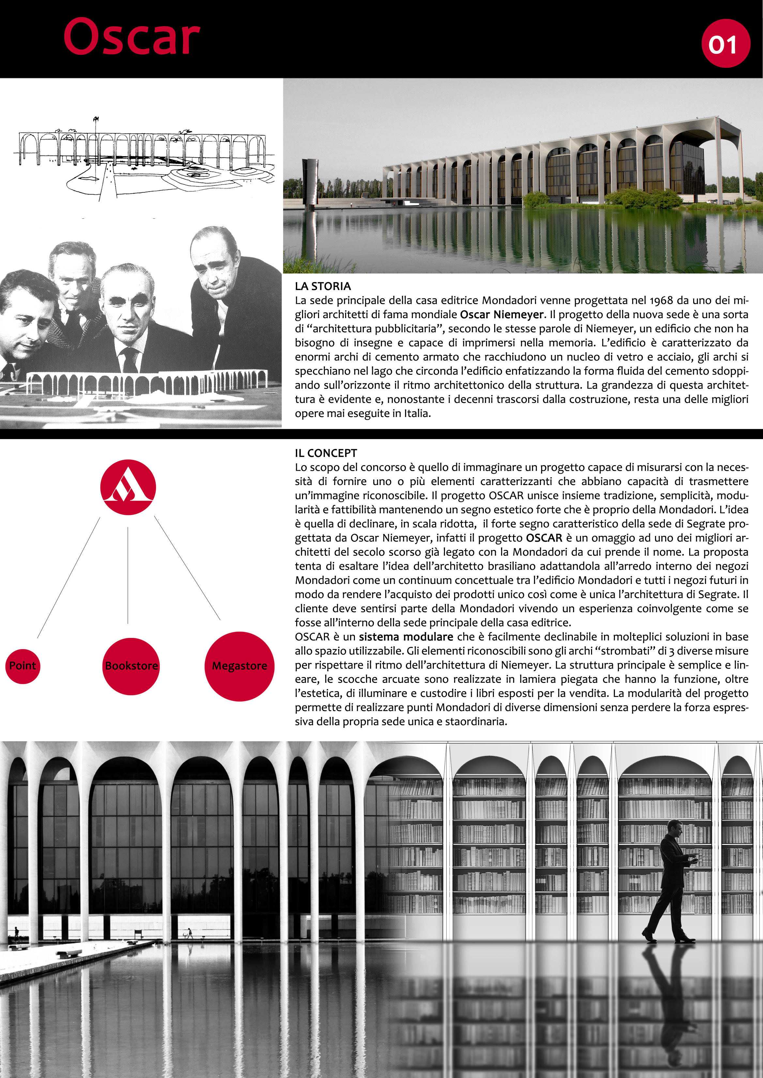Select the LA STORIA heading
coord(323,286)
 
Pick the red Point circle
coord(23,665)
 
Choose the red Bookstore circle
coord(131,666)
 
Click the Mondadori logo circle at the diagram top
coord(128,487)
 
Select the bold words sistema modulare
coord(406,637)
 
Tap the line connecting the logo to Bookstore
coord(128,575)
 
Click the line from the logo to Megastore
coord(187,568)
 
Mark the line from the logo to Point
coord(69,578)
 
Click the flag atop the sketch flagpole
coord(96,118)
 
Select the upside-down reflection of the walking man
coord(669,996)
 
